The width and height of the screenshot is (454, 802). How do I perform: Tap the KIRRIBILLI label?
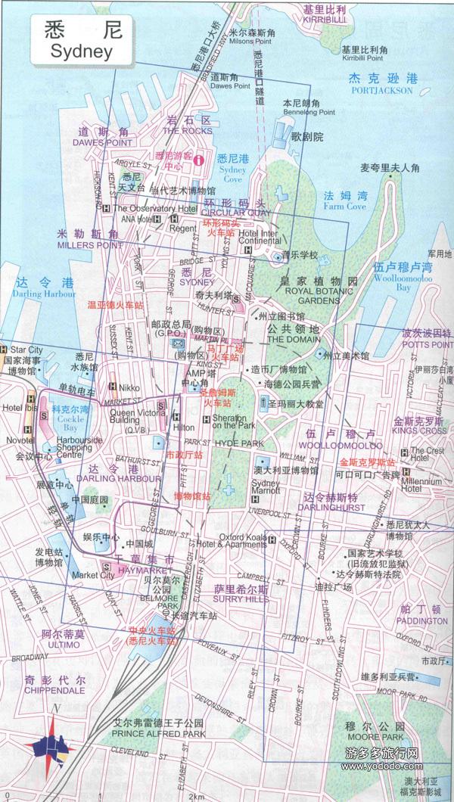324,21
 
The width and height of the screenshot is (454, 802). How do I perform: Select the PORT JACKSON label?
382,91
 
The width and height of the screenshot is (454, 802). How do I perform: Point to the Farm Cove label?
345,206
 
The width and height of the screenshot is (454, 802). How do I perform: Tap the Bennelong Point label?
309,112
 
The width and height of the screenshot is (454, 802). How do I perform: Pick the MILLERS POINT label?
89,245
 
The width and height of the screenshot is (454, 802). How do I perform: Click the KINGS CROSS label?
420,431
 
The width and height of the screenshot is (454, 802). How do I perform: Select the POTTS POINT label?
427,344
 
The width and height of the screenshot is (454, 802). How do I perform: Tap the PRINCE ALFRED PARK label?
158,733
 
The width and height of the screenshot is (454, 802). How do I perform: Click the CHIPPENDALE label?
54,690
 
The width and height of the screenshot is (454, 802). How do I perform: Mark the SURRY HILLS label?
241,598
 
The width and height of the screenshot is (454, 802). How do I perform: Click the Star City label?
26,350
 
